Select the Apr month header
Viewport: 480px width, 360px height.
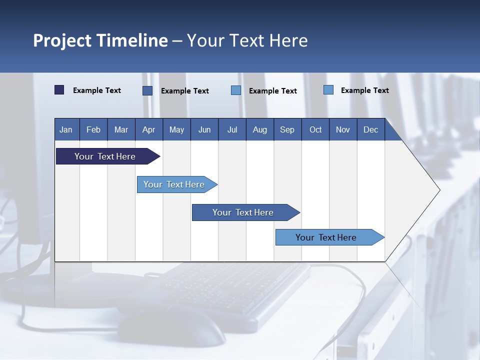coord(149,129)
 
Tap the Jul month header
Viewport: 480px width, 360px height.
coord(232,129)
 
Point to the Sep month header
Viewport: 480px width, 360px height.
coord(287,129)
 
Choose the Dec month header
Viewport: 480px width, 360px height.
coord(370,129)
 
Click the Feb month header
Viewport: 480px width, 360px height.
coord(93,129)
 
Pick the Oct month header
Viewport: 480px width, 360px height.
coord(315,129)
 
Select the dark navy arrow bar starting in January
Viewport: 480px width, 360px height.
coord(108,156)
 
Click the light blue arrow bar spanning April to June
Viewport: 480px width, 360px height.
coord(177,184)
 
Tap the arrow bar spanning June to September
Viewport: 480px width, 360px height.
coord(246,212)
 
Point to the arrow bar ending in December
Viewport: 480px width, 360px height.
coord(330,237)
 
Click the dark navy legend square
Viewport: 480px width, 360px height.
coord(59,90)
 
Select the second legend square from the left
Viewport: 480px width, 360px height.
coord(147,90)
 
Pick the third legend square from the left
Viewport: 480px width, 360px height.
coord(236,90)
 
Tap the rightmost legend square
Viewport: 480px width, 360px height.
coord(328,89)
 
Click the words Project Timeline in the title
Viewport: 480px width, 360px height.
coord(100,40)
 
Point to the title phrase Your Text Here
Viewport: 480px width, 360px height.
coord(247,40)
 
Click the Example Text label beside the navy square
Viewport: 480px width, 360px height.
coord(97,90)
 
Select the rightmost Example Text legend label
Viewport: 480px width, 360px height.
coord(365,90)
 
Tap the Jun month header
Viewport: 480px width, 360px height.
coord(204,129)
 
